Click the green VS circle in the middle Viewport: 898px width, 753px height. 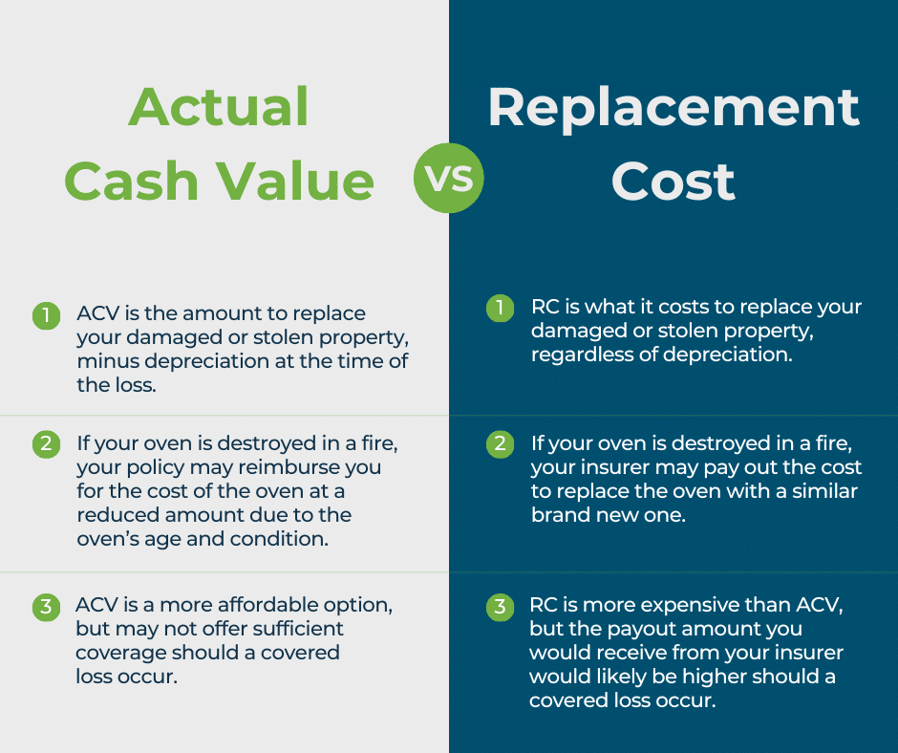click(449, 179)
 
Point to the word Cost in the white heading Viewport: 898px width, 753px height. click(673, 181)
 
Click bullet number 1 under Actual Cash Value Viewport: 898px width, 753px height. click(45, 315)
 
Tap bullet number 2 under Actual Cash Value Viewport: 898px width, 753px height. click(45, 444)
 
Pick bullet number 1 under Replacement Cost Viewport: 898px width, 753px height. click(499, 309)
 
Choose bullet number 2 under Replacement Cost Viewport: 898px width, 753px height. click(499, 444)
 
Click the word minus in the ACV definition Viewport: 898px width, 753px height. click(104, 362)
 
